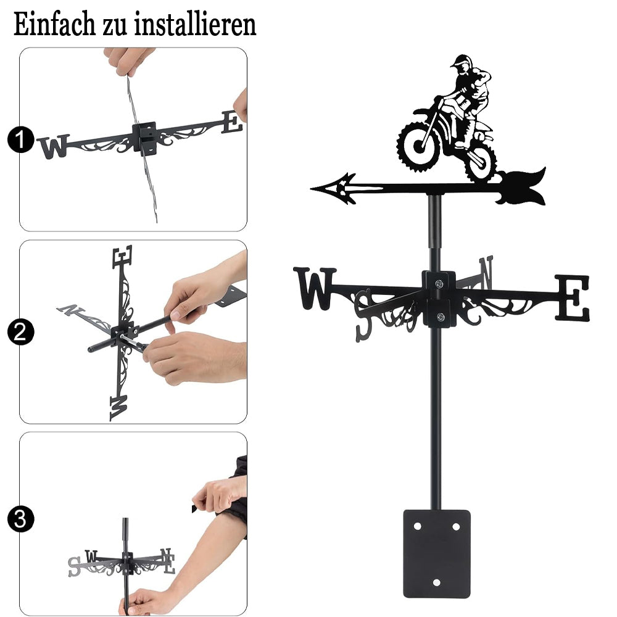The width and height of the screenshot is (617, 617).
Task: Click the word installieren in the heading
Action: point(195,25)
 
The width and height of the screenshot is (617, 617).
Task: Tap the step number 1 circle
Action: point(21,139)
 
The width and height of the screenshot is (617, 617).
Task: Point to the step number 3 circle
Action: point(21,519)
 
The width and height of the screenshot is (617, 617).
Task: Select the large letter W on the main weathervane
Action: point(315,288)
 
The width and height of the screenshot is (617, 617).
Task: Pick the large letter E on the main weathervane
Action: point(573,298)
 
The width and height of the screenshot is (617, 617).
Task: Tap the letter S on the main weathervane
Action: point(363,315)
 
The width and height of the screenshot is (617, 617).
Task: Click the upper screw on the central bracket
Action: point(439,283)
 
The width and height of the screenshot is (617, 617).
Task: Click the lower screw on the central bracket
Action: point(441,317)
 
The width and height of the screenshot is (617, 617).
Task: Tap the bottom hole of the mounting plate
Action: point(436,582)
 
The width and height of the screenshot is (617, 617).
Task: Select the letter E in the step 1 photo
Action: point(232,122)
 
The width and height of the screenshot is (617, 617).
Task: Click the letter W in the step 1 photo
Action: point(54,146)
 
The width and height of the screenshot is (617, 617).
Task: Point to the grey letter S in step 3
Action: point(74,566)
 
